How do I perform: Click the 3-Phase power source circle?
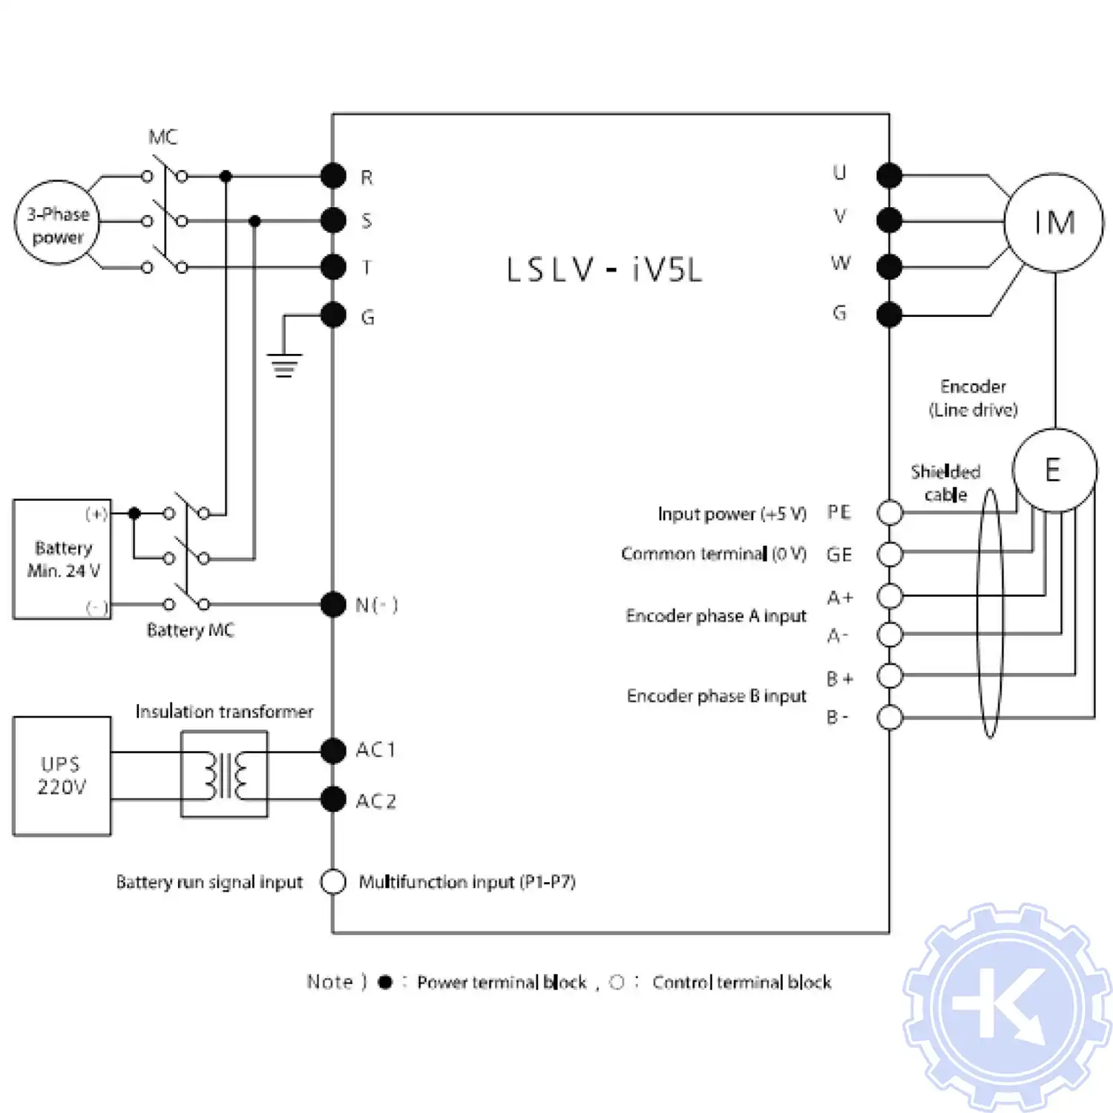click(57, 223)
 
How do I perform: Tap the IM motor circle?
click(1053, 223)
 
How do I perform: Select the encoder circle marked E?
click(1054, 470)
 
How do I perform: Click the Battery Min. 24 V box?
click(62, 559)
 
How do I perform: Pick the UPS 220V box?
click(62, 776)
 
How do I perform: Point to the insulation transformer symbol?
click(224, 775)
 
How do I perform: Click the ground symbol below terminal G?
click(284, 364)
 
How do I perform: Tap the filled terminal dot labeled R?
click(333, 177)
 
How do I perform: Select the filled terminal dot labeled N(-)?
click(333, 605)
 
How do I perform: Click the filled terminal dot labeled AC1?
click(333, 751)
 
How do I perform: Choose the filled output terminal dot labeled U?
click(889, 176)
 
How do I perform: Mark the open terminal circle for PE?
click(890, 513)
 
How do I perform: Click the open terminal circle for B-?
click(890, 718)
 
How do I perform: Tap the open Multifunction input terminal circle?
click(333, 881)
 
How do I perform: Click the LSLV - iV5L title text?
click(604, 270)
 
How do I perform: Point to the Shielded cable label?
click(945, 483)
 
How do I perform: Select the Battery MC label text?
click(190, 630)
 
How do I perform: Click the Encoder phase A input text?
click(715, 616)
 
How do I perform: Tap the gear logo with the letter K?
click(1007, 1007)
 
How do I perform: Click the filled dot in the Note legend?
click(384, 982)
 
